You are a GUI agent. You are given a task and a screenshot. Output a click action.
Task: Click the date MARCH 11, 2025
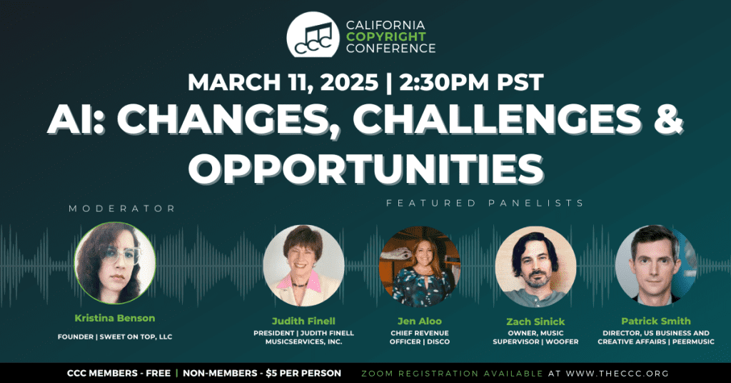coord(283,82)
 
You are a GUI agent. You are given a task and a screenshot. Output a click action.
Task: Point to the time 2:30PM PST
coord(472,82)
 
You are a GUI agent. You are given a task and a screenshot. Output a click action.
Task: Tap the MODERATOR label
coord(122,209)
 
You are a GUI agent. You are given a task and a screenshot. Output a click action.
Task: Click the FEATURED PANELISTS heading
coord(485,203)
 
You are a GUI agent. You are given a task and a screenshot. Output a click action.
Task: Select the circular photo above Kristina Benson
coord(115,263)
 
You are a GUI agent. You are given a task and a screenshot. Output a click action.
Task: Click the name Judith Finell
coord(303,321)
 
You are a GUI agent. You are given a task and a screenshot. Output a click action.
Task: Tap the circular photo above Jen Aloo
coord(420,267)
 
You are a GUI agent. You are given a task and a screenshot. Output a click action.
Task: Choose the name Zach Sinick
coord(535,322)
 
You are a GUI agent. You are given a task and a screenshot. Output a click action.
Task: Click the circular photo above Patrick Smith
coord(655,266)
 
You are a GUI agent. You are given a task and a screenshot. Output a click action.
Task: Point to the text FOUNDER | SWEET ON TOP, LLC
coord(115,337)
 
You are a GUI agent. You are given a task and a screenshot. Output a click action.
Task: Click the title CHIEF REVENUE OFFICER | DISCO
coord(420,337)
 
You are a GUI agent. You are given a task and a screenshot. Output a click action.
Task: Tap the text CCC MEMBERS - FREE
coord(119,373)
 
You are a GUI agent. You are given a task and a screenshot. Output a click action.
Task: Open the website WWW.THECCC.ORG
coord(617,374)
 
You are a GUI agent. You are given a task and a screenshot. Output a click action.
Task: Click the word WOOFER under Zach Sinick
coord(563,342)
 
